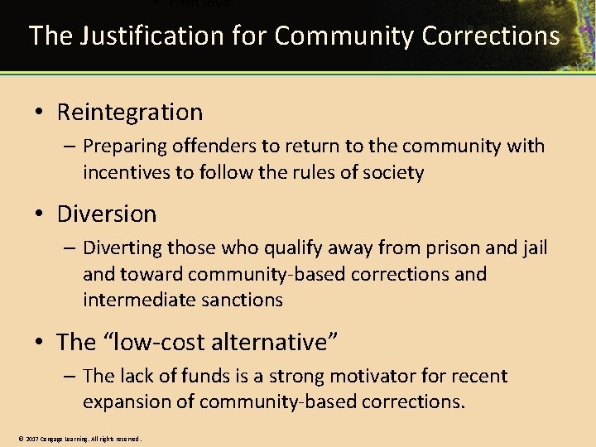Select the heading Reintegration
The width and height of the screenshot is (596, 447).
129,112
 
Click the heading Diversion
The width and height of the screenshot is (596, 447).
106,214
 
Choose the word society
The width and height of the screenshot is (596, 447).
396,173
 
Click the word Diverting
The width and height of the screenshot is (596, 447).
122,248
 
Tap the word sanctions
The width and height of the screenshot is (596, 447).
247,300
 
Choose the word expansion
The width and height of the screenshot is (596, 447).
125,402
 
